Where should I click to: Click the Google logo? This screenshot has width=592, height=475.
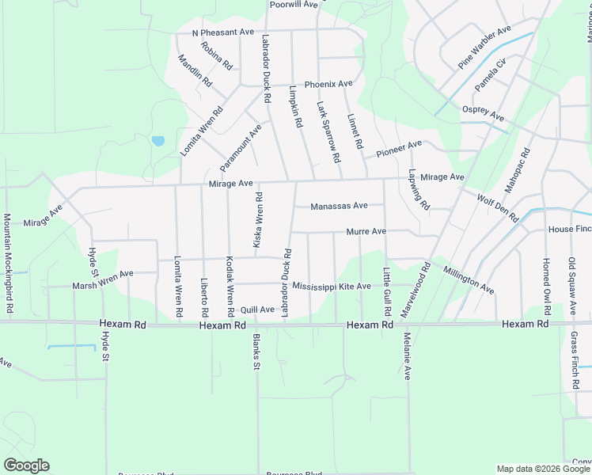26,465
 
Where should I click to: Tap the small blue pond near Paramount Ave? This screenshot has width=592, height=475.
157,142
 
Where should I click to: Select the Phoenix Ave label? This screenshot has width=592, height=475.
328,84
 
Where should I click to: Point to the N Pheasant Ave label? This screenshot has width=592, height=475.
223,32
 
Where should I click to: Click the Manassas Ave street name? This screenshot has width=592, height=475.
339,206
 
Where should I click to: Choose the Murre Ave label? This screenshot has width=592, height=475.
366,232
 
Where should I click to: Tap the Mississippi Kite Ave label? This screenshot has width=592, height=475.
332,286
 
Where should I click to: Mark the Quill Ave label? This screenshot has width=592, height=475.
257,310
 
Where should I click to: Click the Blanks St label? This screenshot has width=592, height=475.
256,352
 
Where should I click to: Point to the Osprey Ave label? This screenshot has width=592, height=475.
484,116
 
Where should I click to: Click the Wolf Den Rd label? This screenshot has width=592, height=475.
497,206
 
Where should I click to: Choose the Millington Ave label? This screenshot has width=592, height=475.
469,280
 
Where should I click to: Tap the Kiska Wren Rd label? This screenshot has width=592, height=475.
258,218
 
